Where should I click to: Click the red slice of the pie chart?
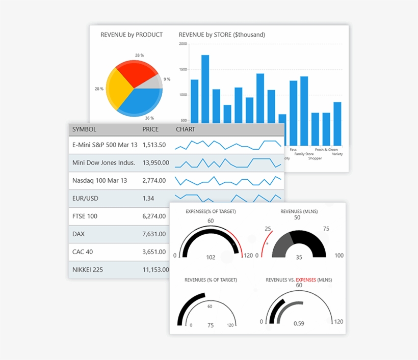pos(137,71)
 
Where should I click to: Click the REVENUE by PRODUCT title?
pos(132,35)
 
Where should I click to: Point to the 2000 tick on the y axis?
pos(183,44)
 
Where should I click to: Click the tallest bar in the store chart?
pos(205,89)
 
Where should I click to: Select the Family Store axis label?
pos(304,154)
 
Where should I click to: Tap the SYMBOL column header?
pos(84,129)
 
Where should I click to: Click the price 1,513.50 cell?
pos(154,145)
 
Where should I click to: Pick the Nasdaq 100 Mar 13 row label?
pos(100,180)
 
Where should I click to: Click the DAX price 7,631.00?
pos(154,234)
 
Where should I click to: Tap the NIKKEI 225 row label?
pos(88,269)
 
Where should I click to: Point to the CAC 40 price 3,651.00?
pos(154,252)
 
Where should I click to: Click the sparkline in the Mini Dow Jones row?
pos(228,163)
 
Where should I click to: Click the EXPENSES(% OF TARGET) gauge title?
pos(211,211)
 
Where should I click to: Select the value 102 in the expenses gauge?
pos(211,257)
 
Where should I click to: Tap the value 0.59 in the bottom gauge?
pos(299,323)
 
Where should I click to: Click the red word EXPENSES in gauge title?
pos(306,280)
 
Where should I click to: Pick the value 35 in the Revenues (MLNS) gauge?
pos(299,257)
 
